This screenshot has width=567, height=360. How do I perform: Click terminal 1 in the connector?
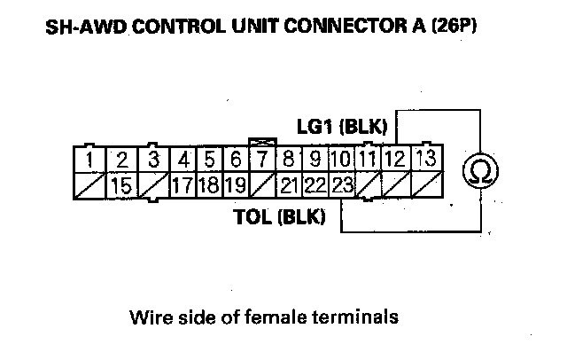pyautogui.click(x=90, y=160)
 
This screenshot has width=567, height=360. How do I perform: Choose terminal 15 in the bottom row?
pyautogui.click(x=123, y=186)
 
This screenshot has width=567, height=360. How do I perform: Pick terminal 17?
pyautogui.click(x=182, y=186)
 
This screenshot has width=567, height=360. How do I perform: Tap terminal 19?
pyautogui.click(x=235, y=186)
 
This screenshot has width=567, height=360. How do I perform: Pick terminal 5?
pyautogui.click(x=209, y=160)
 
